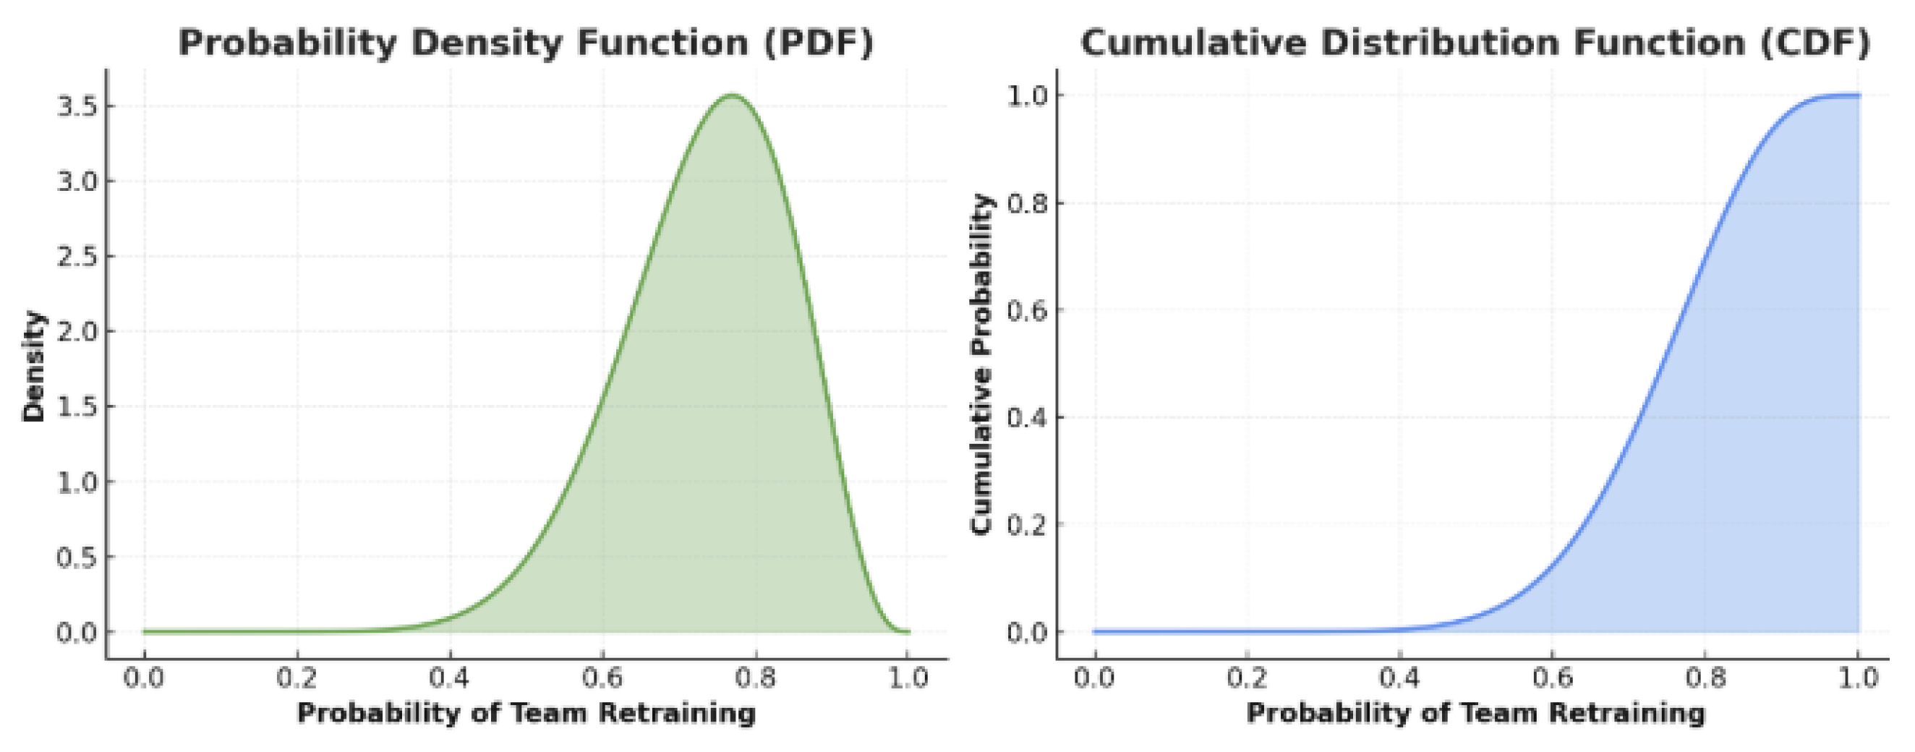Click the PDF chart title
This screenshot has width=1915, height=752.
tap(526, 43)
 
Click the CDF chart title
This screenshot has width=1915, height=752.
tap(1475, 43)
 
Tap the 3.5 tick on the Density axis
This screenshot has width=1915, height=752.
tap(77, 106)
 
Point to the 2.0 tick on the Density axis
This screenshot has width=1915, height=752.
tap(77, 331)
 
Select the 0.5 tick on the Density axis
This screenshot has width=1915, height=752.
tap(77, 557)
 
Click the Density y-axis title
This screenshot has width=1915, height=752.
tap(33, 367)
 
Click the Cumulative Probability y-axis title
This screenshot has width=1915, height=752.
tap(982, 364)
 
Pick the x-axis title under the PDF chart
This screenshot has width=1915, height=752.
tap(526, 714)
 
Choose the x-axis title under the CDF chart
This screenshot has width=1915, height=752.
tap(1475, 714)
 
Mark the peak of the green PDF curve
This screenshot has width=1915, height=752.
tap(733, 95)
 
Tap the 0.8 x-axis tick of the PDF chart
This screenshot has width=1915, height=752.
tap(754, 678)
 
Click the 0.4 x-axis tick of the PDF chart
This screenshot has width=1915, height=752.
tap(450, 678)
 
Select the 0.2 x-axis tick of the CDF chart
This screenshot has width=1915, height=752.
tap(1247, 678)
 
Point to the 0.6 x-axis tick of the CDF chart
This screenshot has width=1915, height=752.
tap(1552, 678)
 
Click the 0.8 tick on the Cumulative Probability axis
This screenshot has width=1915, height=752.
tap(1027, 203)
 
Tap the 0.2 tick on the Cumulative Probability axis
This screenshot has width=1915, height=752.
tap(1027, 525)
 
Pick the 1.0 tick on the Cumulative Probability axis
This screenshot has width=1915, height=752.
tap(1027, 96)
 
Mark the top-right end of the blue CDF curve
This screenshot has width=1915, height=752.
tap(1859, 95)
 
